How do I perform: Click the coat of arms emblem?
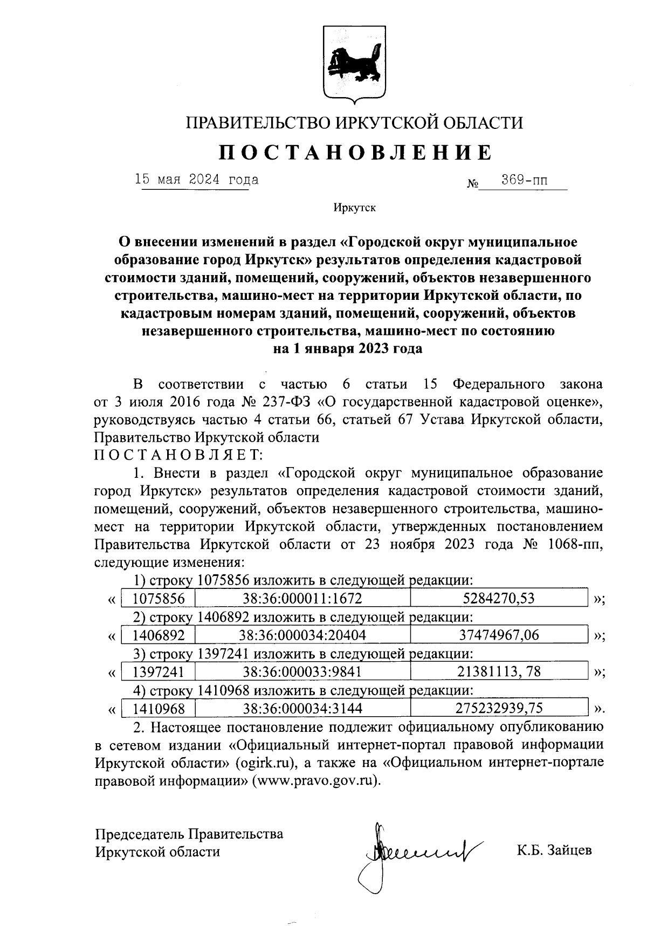(x=353, y=64)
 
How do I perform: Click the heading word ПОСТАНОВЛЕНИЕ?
(x=355, y=153)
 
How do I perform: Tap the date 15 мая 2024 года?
(x=197, y=180)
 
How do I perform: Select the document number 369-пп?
(x=524, y=180)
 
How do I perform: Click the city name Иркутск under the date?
(x=354, y=208)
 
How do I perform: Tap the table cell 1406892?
(x=159, y=635)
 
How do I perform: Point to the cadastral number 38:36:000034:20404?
(x=302, y=635)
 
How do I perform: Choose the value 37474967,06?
(x=499, y=635)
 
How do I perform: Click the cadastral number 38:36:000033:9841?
(x=302, y=672)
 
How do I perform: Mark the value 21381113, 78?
(x=499, y=672)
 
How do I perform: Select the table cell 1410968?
(x=159, y=708)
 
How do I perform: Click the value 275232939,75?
(x=499, y=708)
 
